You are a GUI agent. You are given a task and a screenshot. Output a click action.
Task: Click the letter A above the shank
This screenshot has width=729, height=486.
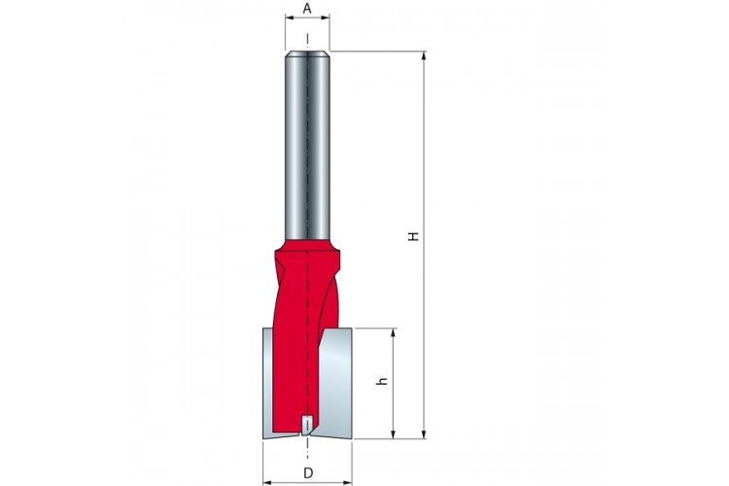307,8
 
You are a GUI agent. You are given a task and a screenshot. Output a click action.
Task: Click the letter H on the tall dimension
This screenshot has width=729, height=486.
413,236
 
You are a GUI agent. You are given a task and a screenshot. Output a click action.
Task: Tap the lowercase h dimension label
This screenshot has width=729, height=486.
382,381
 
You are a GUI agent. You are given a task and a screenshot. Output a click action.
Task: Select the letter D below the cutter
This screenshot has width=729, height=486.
308,473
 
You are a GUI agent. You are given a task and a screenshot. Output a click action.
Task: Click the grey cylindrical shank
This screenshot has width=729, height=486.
307,145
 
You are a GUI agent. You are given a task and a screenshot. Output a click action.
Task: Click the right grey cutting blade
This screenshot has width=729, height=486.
334,381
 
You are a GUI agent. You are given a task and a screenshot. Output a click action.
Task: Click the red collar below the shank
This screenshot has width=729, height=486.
307,246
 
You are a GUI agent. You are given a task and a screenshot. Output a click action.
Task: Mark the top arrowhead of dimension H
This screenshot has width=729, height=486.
424,55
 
